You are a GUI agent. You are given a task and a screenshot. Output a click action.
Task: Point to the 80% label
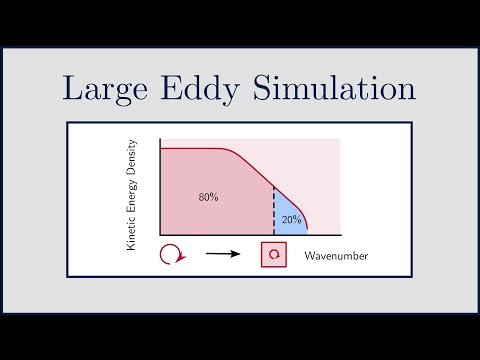208,197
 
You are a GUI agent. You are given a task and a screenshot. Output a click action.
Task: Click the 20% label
290,219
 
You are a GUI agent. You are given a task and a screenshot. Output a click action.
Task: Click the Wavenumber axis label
336,257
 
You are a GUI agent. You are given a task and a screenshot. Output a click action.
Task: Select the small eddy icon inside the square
273,256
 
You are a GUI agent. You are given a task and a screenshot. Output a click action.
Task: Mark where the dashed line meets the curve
274,186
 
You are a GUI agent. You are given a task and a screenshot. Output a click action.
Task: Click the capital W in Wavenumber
310,257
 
